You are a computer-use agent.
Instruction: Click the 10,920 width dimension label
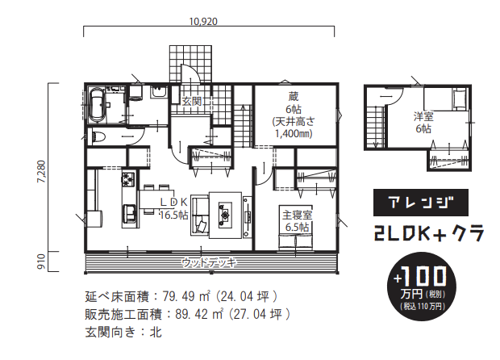pyautogui.click(x=203, y=21)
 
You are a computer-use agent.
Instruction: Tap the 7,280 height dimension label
pyautogui.click(x=42, y=171)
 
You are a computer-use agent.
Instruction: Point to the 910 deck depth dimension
pyautogui.click(x=42, y=262)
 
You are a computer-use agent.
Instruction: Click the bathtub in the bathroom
pyautogui.click(x=96, y=105)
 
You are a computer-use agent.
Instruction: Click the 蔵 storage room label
pyautogui.click(x=294, y=96)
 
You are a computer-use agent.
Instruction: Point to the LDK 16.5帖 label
pyautogui.click(x=173, y=208)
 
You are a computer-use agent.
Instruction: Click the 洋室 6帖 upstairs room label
pyautogui.click(x=423, y=122)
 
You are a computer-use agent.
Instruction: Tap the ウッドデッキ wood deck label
pyautogui.click(x=210, y=262)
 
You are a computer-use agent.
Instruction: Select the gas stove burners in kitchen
pyautogui.click(x=128, y=179)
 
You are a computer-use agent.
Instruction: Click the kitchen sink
pyautogui.click(x=129, y=212)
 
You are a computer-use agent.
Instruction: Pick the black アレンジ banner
pyautogui.click(x=421, y=203)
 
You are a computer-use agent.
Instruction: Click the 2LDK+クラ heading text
pyautogui.click(x=429, y=233)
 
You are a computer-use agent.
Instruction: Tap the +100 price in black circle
pyautogui.click(x=419, y=277)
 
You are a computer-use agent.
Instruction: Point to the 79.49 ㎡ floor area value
pyautogui.click(x=186, y=296)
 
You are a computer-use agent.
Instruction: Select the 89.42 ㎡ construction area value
pyautogui.click(x=199, y=314)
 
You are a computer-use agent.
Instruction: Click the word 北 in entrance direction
pyautogui.click(x=156, y=333)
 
